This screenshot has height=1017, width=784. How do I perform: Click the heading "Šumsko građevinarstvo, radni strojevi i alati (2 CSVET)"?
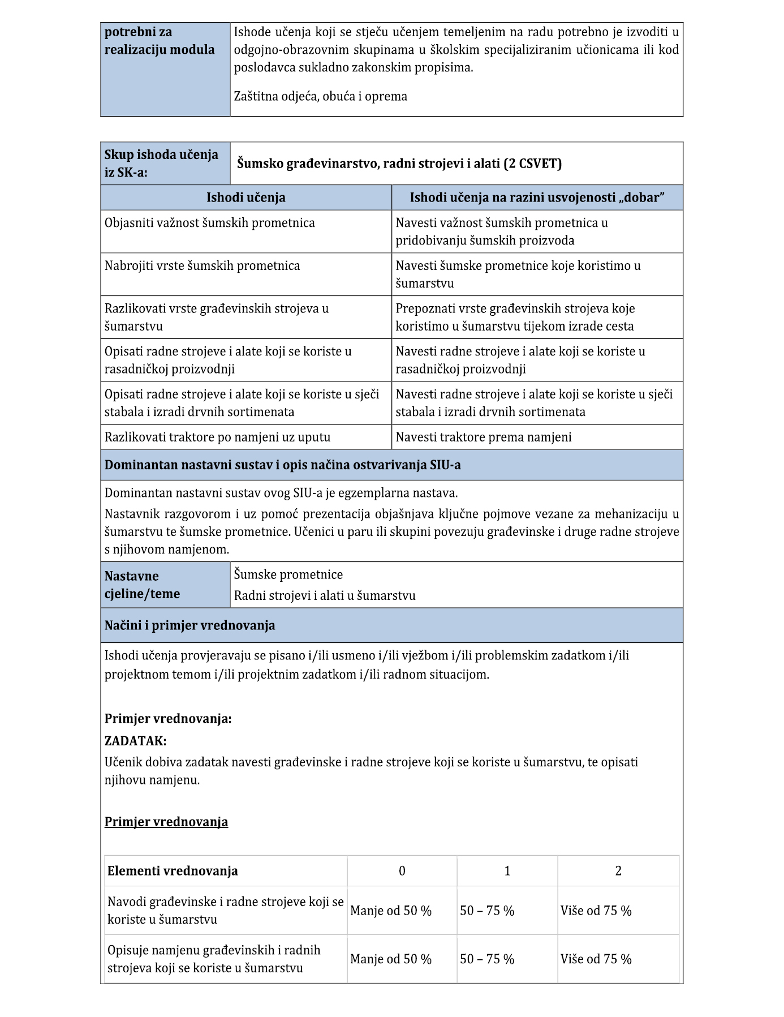[399, 164]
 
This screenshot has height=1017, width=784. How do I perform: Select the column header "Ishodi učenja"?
[245, 198]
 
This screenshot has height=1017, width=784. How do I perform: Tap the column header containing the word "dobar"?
[537, 198]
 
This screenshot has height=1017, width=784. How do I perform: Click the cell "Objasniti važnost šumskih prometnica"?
[210, 223]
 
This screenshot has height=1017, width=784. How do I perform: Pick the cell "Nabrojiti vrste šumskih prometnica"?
[203, 266]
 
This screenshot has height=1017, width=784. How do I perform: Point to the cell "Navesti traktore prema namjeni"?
[484, 437]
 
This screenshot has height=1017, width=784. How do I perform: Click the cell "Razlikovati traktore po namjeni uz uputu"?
[217, 437]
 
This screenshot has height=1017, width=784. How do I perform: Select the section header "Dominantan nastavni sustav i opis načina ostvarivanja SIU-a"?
[282, 465]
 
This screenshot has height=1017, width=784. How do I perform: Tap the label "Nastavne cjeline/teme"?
[143, 585]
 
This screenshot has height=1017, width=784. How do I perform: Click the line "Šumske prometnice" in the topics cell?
[288, 574]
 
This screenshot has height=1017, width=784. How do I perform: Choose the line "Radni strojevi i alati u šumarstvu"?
[325, 595]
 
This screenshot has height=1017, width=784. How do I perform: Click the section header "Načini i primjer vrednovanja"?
[189, 625]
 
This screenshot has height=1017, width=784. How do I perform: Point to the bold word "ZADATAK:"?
[135, 741]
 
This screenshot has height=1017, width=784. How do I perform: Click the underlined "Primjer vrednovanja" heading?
[166, 822]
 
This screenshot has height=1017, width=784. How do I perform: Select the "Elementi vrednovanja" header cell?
[173, 870]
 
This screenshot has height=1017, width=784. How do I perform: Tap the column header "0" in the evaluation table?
[402, 870]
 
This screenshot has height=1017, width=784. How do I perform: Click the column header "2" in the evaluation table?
[618, 870]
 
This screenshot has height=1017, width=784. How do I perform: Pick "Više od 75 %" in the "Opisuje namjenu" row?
[596, 959]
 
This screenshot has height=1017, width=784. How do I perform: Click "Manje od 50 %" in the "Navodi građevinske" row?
[391, 911]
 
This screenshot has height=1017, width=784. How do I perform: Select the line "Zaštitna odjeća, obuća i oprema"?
[321, 96]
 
